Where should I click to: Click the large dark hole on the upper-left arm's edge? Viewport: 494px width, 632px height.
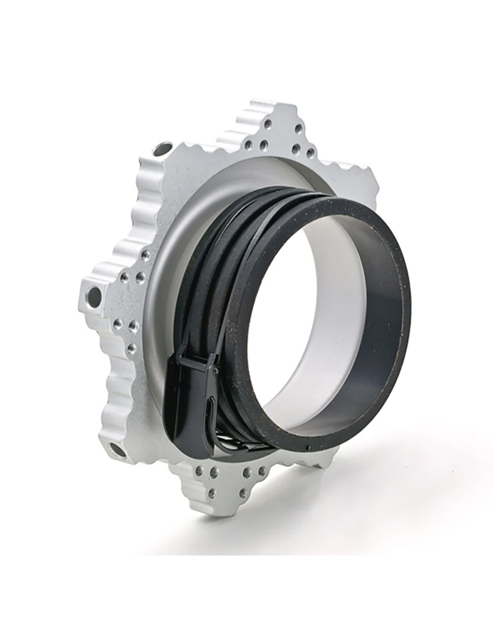tap(162, 152)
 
